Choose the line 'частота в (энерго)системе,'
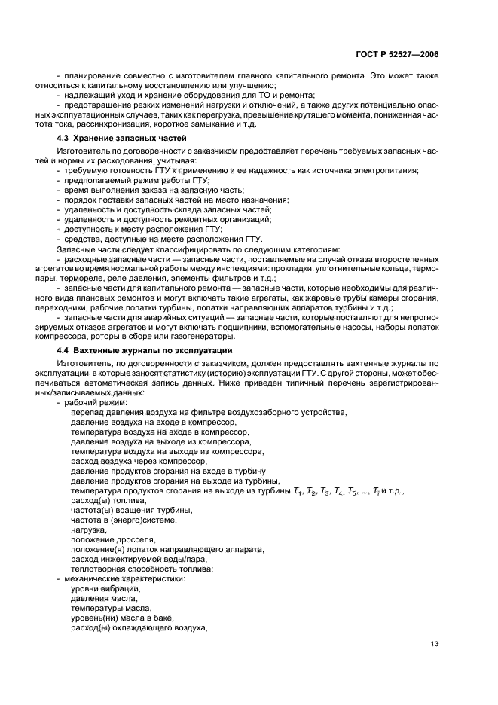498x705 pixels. [x=124, y=520]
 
